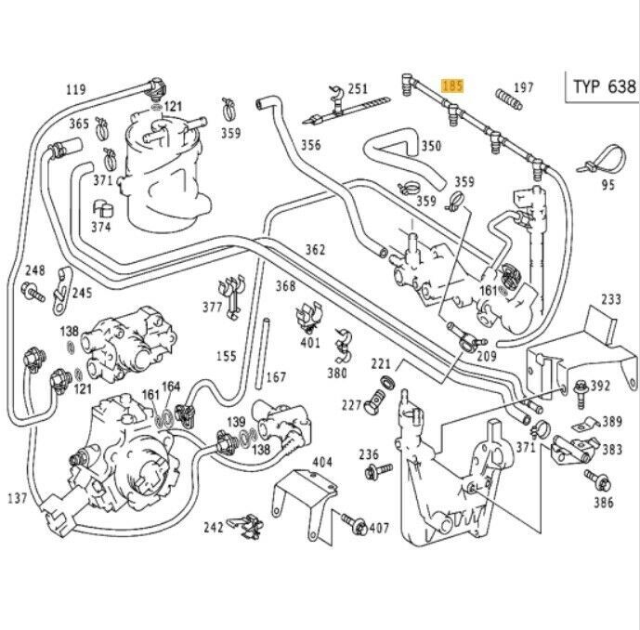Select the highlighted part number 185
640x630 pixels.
(452, 86)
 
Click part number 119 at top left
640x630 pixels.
(76, 90)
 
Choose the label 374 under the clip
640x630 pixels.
(101, 228)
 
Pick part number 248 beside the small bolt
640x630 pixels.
(35, 270)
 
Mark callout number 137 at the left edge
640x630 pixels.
(18, 499)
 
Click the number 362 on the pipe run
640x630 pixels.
(315, 249)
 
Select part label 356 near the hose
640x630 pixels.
(311, 144)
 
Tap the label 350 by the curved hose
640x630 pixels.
(431, 146)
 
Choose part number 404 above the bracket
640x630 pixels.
(321, 462)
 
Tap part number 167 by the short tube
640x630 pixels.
(275, 377)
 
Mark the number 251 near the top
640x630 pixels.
(358, 89)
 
